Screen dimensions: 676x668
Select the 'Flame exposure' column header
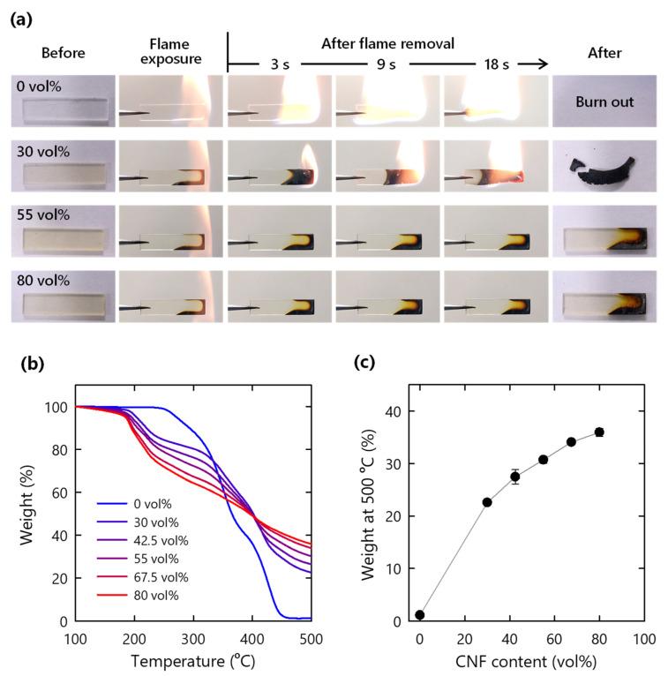coord(169,52)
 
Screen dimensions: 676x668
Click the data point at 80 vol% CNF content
coord(600,432)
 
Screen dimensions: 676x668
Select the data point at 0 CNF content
coord(420,615)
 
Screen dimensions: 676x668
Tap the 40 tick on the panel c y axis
coord(399,410)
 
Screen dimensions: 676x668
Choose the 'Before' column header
coord(64,53)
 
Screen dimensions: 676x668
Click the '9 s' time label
coord(389,64)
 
